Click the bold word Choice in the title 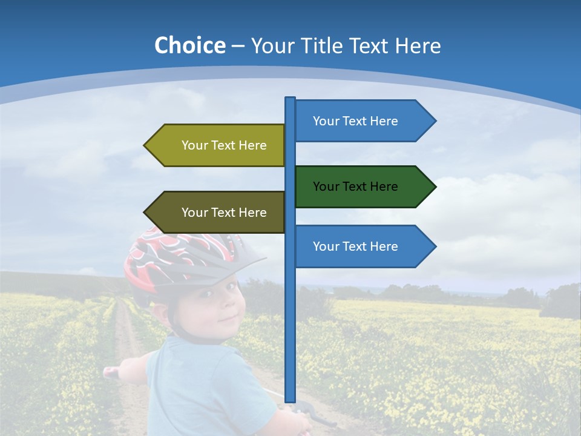[189, 45]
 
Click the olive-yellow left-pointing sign [218, 145]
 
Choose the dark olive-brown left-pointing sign [218, 213]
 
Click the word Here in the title [417, 45]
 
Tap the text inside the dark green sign [355, 187]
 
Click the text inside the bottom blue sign [355, 246]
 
